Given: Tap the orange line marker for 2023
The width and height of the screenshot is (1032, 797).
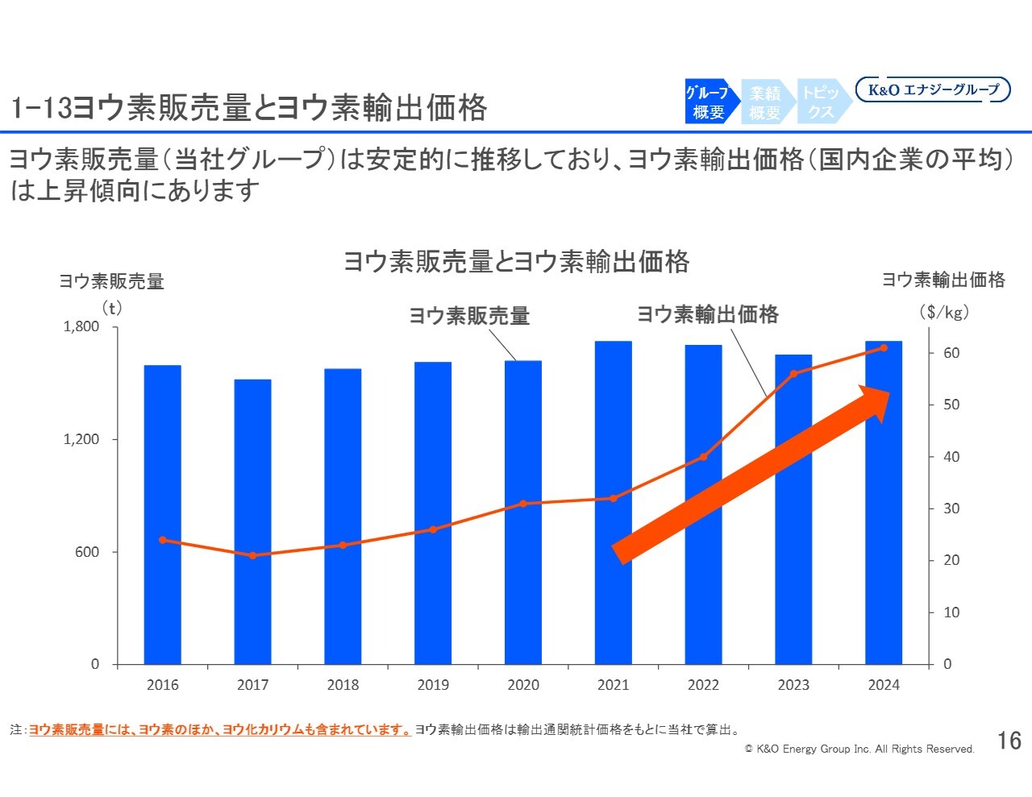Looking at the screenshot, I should point(793,374).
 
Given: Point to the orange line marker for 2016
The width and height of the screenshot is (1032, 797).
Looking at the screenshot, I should point(163,540).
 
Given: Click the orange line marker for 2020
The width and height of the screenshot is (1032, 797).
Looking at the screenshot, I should point(523,504).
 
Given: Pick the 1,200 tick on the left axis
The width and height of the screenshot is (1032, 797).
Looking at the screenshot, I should point(81,439).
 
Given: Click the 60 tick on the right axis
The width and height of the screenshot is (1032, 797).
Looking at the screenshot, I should point(951,353).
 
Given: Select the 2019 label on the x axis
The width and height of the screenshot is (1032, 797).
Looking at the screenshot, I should point(433,685).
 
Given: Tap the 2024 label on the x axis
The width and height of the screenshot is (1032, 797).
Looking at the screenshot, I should point(884,685).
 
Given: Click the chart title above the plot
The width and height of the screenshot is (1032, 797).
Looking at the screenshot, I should point(516,262).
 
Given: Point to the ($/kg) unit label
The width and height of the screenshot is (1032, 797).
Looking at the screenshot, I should point(944,312).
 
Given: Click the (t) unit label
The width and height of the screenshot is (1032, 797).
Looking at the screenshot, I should point(111,308).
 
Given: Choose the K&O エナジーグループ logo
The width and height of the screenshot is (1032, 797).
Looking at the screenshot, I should point(933,89).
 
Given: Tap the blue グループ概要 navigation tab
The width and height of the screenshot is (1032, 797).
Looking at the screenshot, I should point(709,102).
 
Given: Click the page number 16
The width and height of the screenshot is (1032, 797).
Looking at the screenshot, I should point(1009,741).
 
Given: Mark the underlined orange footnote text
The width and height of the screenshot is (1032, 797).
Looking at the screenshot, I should point(219,730).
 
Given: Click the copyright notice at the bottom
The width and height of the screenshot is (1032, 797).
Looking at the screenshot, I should point(859,749).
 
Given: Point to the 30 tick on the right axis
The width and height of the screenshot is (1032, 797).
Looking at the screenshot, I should point(951,509).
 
